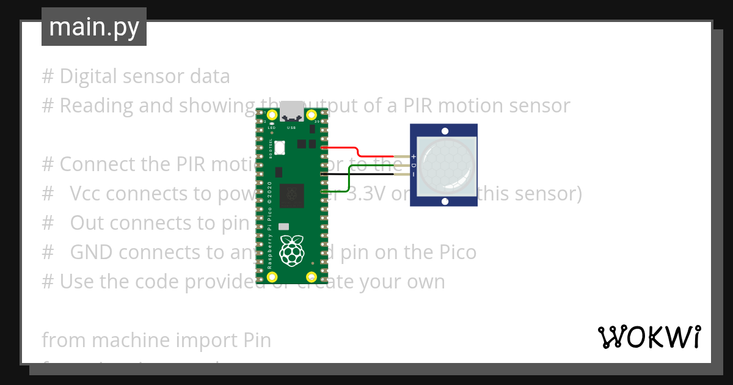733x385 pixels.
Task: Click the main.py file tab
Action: pos(93,27)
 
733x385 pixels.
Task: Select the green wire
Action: pos(349,177)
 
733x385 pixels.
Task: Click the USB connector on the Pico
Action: pos(292,110)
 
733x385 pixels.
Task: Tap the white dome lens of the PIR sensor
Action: pos(445,163)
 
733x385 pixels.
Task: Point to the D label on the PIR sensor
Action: pos(414,166)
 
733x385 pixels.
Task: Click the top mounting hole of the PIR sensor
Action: pos(445,131)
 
